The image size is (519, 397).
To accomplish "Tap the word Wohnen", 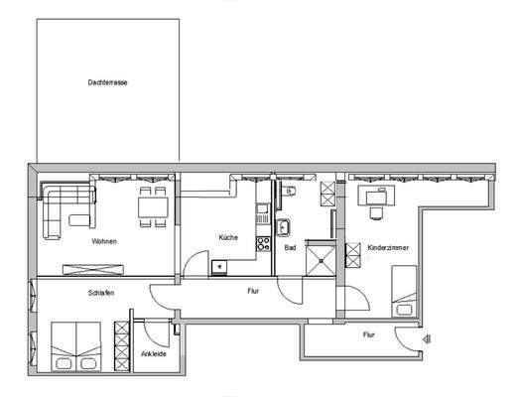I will click(105, 241).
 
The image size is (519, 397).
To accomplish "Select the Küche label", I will click(229, 237).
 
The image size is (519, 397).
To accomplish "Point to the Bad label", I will click(290, 247).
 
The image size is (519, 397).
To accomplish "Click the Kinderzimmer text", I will click(388, 247).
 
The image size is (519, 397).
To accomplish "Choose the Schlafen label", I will click(99, 293).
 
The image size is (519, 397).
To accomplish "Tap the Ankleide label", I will click(153, 354).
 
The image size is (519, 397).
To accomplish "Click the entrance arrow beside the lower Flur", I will click(426, 340).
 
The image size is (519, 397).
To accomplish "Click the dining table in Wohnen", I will click(152, 206).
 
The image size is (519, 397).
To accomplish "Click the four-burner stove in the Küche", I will click(263, 241).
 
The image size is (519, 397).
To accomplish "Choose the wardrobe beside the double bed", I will click(122, 346).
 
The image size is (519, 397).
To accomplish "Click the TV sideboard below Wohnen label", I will click(91, 268).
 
